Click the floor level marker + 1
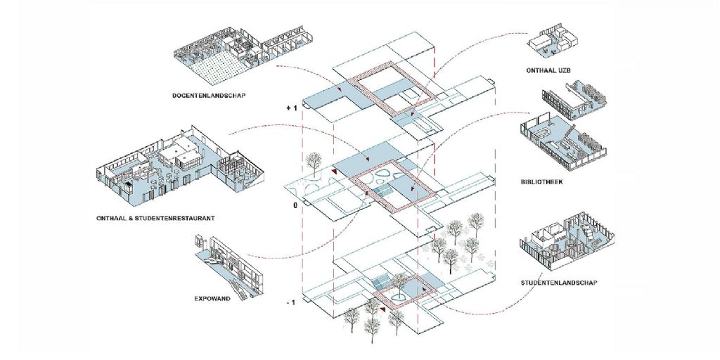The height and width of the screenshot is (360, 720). click(x=292, y=106)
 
